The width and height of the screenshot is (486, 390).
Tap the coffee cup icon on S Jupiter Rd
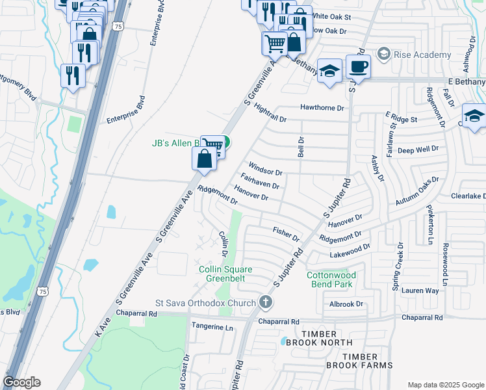click(357, 66)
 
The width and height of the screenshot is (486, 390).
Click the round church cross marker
click(265, 302)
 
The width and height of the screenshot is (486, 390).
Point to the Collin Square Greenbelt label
click(225, 274)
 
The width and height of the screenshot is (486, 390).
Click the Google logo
click(21, 382)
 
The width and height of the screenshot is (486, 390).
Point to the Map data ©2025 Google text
click(445, 385)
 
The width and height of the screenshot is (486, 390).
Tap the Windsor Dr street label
click(266, 173)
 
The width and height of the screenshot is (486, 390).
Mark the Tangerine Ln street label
click(211, 328)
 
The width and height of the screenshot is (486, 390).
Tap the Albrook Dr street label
click(346, 304)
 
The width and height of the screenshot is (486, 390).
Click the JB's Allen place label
click(174, 143)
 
